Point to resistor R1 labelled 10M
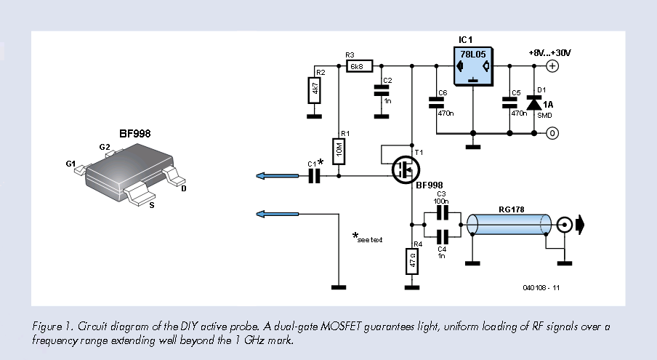click(339, 151)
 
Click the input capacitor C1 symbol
click(314, 175)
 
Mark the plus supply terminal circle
click(552, 66)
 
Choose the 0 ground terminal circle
click(552, 133)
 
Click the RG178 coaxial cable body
click(509, 224)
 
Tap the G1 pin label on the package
click(71, 164)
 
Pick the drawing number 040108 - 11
click(541, 288)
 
